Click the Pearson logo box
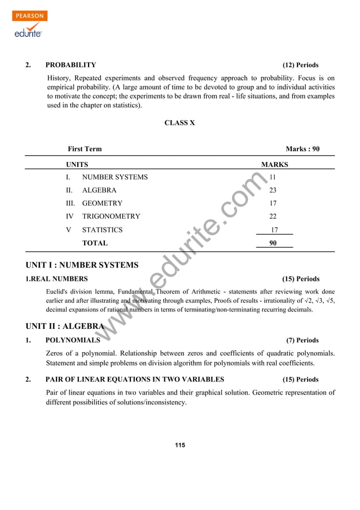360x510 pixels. (x=29, y=16)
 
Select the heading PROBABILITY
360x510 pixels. (x=71, y=65)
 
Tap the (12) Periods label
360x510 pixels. (x=300, y=65)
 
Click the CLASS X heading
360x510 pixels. (x=179, y=123)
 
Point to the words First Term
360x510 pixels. (x=85, y=149)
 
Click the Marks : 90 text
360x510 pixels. (x=302, y=149)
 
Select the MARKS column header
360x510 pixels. (x=274, y=165)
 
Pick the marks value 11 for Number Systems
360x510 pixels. (x=273, y=177)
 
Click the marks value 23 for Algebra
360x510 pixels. (x=273, y=190)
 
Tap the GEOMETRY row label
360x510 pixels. (x=102, y=203)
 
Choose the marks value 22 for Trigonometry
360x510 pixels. (x=273, y=216)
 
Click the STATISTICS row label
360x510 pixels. (x=102, y=230)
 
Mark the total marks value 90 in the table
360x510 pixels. (x=273, y=243)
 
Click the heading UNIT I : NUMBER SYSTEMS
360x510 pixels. (x=82, y=265)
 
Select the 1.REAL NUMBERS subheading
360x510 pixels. (x=56, y=279)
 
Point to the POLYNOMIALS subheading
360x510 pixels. (x=73, y=340)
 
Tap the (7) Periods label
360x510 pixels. (x=302, y=340)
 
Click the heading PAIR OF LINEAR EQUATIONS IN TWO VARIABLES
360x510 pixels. (x=134, y=379)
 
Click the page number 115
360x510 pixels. (x=179, y=446)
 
